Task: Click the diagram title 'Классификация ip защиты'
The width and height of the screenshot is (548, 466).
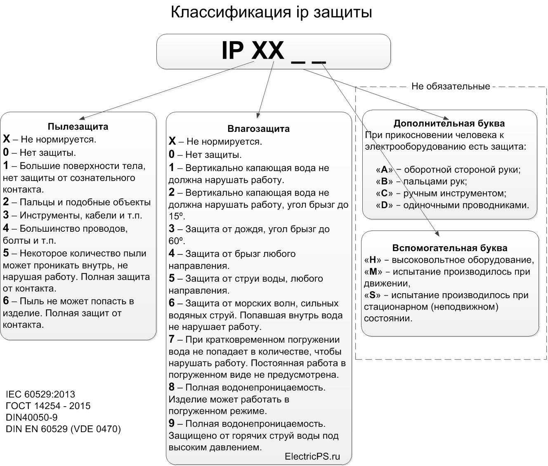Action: tap(271, 12)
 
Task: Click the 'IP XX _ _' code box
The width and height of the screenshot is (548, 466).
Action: tap(273, 52)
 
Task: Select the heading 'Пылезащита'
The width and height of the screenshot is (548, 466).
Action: tap(78, 127)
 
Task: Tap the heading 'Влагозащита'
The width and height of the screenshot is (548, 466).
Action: tap(258, 129)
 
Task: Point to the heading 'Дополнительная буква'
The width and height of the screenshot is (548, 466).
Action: tap(449, 123)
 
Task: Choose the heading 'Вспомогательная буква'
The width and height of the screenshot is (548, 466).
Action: tap(450, 248)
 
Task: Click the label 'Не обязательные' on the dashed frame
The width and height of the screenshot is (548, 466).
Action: tap(451, 87)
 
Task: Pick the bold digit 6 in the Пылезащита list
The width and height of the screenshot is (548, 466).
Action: tap(6, 301)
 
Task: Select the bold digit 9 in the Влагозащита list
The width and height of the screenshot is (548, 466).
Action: tap(172, 424)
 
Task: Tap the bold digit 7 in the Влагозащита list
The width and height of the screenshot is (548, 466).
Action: tap(172, 339)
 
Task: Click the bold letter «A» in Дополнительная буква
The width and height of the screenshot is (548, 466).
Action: tap(385, 169)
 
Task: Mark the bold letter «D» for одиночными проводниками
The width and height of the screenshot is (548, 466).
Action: tap(385, 205)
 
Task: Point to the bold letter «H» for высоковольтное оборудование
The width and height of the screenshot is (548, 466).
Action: tap(373, 260)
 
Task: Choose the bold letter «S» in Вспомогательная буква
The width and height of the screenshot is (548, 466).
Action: tap(373, 295)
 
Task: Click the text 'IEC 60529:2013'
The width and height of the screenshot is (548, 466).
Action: tap(40, 394)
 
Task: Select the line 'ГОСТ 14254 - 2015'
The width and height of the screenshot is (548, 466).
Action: tap(48, 406)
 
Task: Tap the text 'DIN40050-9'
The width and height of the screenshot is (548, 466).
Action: tap(32, 417)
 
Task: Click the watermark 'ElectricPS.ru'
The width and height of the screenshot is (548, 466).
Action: tap(312, 456)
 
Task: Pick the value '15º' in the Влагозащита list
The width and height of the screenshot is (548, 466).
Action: tap(176, 216)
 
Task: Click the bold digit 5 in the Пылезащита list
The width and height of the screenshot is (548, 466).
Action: tap(6, 253)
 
